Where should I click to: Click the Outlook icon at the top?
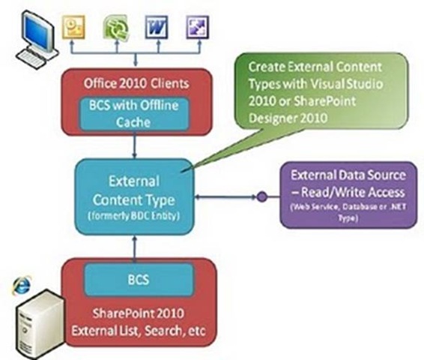[73, 27]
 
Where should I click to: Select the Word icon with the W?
[157, 27]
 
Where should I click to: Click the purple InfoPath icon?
[198, 27]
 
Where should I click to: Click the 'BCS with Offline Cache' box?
[134, 114]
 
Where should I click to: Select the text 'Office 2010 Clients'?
[136, 84]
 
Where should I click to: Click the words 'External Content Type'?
[134, 190]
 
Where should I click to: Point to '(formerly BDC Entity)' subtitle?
[134, 216]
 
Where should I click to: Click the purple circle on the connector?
[261, 196]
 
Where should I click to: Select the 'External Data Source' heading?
[348, 175]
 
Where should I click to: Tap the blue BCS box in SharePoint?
[139, 280]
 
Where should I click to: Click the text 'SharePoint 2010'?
[139, 313]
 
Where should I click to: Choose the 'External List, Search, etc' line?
[139, 331]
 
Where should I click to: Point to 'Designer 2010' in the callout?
[288, 118]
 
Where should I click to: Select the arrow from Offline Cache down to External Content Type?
[134, 145]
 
